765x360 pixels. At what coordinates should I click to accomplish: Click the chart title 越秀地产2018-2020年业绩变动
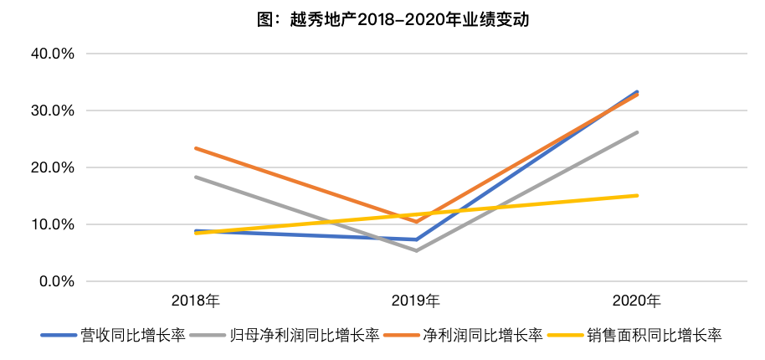pos(393,20)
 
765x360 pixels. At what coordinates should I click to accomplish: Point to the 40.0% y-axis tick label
pos(53,54)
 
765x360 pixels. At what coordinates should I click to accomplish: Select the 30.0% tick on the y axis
pos(53,111)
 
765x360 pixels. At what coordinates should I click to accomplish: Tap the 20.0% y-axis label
pos(53,167)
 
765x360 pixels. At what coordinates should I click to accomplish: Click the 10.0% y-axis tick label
pos(53,225)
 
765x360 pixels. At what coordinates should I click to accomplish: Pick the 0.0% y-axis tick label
pos(57,282)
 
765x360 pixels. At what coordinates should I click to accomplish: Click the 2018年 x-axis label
pos(196,301)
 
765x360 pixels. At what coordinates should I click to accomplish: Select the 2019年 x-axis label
pos(416,301)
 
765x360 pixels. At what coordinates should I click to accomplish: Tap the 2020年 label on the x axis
pos(637,301)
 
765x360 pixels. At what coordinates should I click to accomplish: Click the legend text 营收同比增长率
pos(133,335)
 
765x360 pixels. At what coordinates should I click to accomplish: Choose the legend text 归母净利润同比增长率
pos(305,335)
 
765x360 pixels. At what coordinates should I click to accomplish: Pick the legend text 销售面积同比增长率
pos(655,335)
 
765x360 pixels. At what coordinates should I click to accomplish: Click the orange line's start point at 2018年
pos(196,148)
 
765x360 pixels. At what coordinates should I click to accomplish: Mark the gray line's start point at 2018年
pos(196,177)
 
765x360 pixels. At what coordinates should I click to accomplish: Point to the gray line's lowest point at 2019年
pos(416,250)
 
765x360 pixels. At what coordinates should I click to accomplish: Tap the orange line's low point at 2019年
pos(416,222)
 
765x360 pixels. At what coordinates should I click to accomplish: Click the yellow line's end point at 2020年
pos(637,196)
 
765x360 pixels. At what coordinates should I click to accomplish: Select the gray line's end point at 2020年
pos(637,132)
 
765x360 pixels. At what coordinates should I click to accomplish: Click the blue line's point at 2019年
pos(416,239)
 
